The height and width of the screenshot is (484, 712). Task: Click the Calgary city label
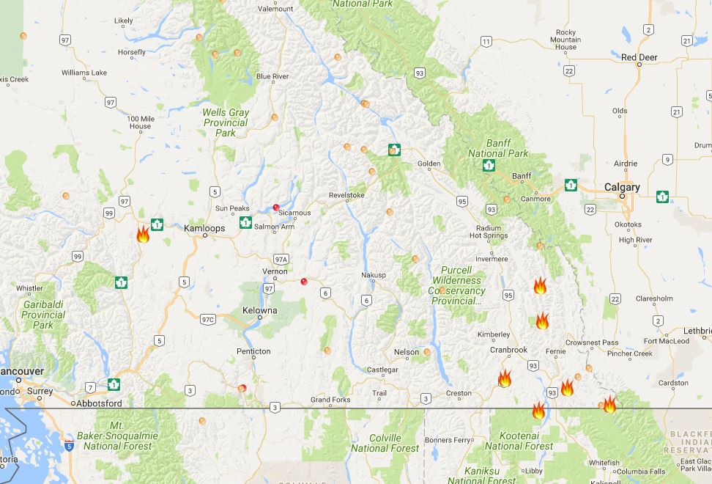point(621,187)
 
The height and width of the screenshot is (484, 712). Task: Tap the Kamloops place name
point(204,228)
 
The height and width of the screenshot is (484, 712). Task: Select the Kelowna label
point(259,310)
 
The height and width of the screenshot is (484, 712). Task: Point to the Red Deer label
point(639,56)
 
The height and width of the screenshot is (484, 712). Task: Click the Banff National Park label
point(498,148)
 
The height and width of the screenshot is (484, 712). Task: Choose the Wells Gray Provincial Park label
point(226,123)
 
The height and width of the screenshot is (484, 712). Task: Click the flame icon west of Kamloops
point(143,235)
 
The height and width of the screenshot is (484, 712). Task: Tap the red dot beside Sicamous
point(276,208)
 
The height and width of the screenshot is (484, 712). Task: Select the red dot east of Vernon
point(304,281)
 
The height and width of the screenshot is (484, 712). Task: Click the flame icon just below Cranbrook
point(505,378)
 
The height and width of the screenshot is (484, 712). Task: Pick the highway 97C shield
point(209,319)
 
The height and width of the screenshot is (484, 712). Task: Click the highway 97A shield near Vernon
point(281,259)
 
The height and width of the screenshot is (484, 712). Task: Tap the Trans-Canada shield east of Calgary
point(662,197)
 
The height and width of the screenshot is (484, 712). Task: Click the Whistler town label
point(29,288)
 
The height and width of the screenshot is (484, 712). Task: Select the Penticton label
point(253,351)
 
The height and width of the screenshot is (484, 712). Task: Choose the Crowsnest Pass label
point(594,342)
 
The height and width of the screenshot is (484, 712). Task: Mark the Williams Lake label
point(84,73)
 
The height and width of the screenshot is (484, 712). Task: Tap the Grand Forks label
point(330,400)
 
